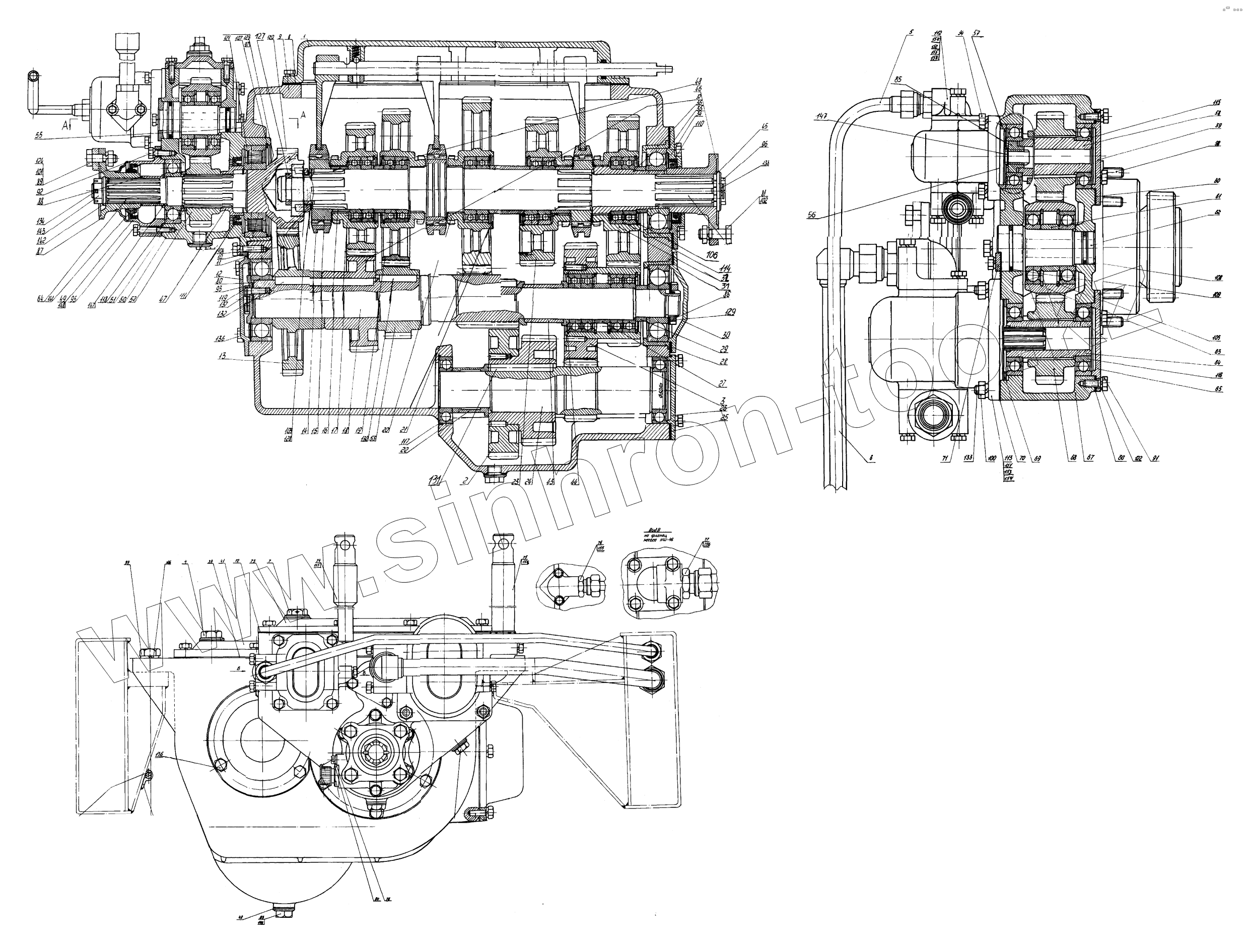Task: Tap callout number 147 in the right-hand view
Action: (822, 116)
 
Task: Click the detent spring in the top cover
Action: (355, 54)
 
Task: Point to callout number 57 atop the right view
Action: (976, 33)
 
